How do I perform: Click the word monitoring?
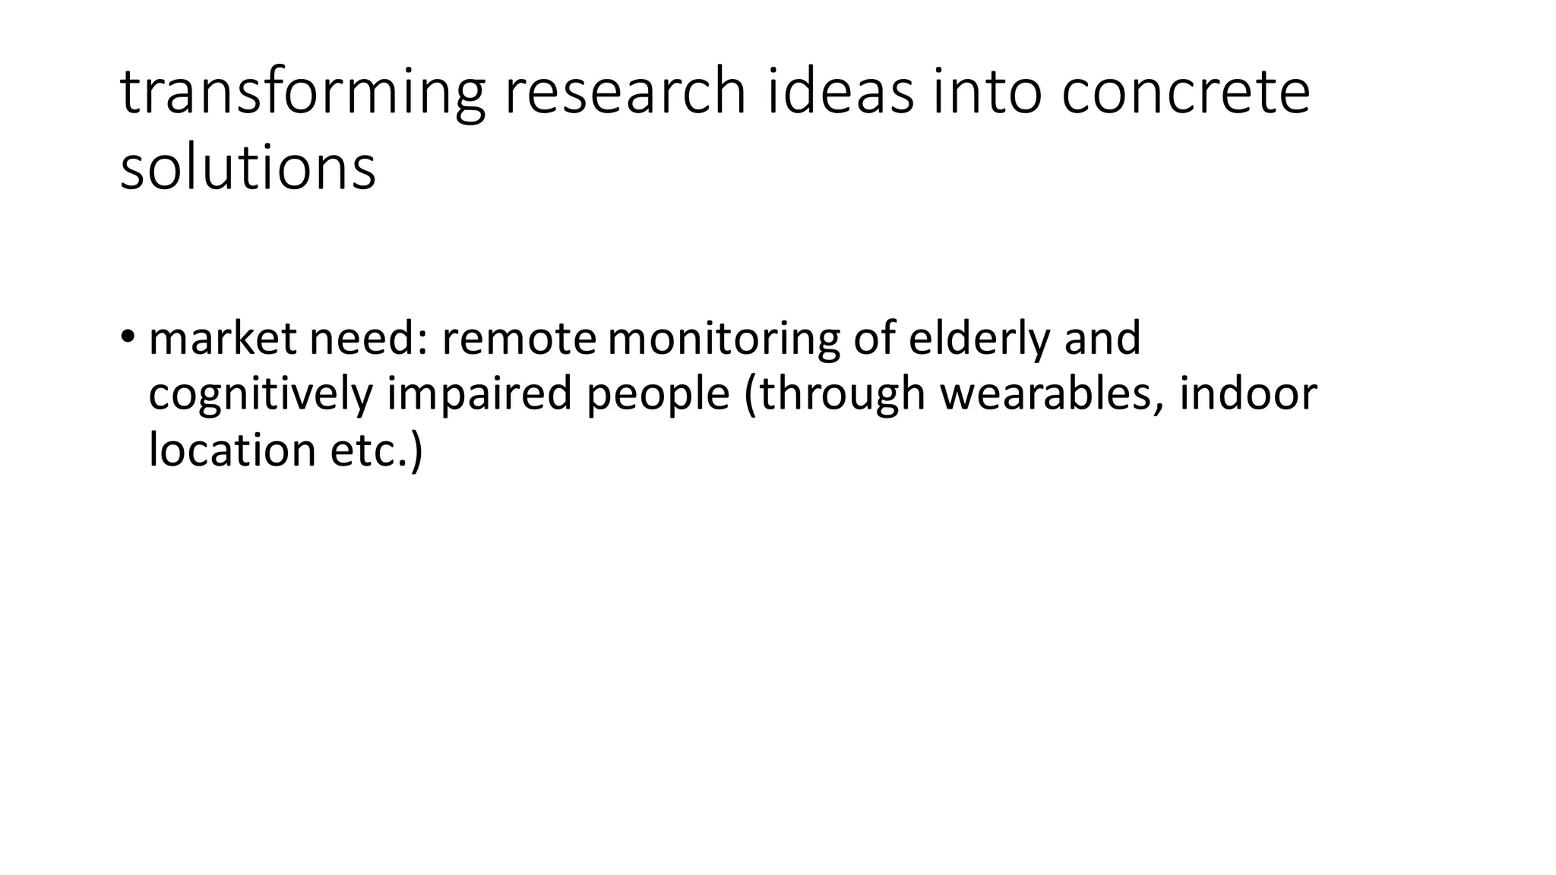pos(723,340)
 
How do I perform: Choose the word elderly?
pos(979,340)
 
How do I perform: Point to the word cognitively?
pos(261,395)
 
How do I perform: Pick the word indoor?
pos(1248,393)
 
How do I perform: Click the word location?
pos(232,450)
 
